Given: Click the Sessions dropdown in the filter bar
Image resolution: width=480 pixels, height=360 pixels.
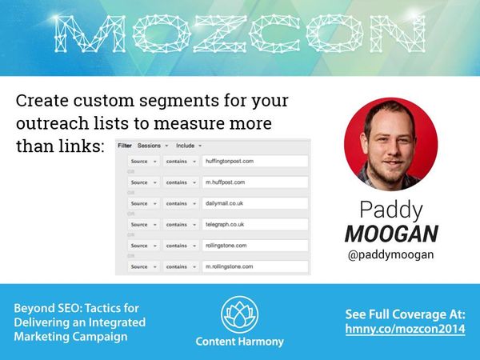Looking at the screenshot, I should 152,146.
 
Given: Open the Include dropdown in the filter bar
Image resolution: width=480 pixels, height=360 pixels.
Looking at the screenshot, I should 187,146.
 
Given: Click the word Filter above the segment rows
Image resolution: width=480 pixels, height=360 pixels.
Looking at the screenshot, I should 125,146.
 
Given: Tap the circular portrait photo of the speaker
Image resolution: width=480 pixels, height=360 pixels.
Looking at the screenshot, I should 390,143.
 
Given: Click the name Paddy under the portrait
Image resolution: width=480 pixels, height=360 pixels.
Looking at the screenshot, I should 390,210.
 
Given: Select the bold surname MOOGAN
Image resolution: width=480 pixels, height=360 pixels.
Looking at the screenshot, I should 390,234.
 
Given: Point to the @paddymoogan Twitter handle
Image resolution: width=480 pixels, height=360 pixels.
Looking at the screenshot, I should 390,255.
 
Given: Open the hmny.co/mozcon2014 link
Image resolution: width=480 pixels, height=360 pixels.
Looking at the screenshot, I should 405,329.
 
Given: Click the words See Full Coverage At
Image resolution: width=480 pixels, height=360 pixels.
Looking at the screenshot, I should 405,313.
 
